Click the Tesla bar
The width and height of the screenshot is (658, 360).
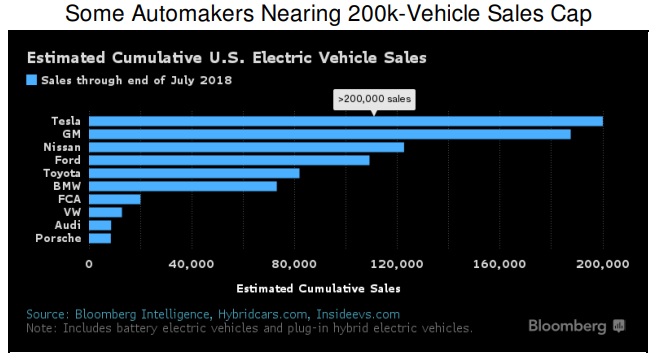(x=346, y=121)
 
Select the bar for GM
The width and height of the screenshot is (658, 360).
(x=330, y=134)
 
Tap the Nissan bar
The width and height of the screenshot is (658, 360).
(x=247, y=147)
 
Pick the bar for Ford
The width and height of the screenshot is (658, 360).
(x=229, y=160)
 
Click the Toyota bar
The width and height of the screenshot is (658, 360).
(x=194, y=173)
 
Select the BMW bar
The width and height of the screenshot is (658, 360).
(x=183, y=186)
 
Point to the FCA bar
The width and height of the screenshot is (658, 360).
(x=115, y=199)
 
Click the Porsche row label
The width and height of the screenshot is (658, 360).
(x=58, y=238)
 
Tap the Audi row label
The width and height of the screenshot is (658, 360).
(x=67, y=225)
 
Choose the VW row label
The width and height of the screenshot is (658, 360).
(x=72, y=212)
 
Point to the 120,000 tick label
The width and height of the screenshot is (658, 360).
(x=396, y=264)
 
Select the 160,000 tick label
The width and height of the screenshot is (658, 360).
(x=499, y=264)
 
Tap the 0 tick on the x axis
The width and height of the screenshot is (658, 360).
(x=90, y=264)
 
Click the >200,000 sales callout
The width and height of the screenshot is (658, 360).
(x=373, y=99)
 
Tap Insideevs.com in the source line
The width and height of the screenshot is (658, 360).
(x=357, y=314)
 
